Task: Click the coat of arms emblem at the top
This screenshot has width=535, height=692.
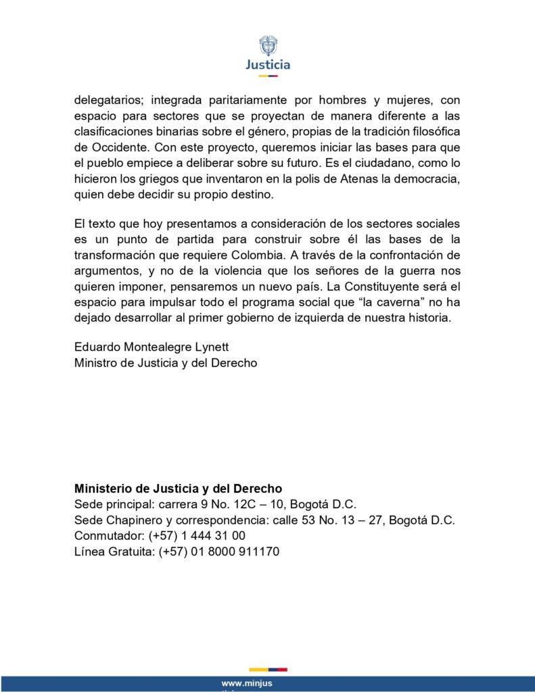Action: pos(268,46)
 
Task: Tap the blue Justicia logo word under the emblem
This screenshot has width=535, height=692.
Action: pos(268,65)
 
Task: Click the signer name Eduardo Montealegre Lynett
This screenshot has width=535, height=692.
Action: pos(152,347)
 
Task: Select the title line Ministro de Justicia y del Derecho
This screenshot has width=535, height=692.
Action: pos(166,363)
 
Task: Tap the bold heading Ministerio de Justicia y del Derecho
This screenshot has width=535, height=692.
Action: pos(179,489)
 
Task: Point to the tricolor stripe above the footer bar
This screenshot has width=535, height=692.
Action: pos(268,670)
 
